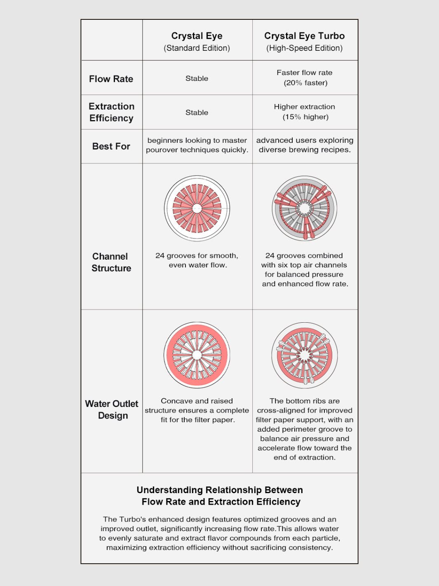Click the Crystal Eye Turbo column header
(304, 36)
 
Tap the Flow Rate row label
(111, 79)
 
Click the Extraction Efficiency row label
(111, 112)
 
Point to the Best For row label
(111, 146)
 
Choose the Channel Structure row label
(111, 262)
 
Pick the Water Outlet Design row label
(112, 410)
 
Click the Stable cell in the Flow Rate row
(197, 78)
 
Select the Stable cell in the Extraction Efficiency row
(197, 113)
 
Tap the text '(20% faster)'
(305, 83)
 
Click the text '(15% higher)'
(305, 117)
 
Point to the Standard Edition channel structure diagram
(197, 208)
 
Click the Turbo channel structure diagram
(305, 208)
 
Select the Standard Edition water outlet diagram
(197, 355)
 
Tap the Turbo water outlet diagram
(305, 355)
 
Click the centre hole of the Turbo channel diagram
(305, 208)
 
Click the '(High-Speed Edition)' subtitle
(304, 48)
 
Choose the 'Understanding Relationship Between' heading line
(220, 490)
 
